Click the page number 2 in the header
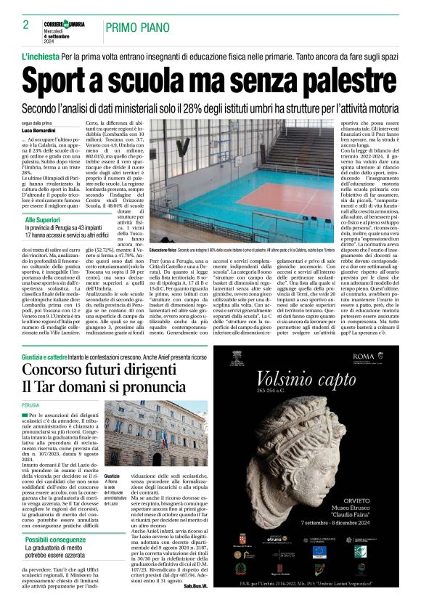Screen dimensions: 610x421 25,25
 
